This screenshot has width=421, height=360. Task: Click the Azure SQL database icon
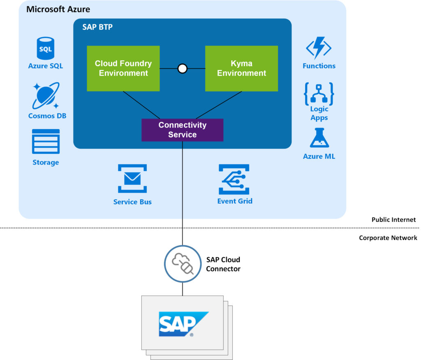tap(46, 48)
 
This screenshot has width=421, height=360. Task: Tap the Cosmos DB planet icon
tap(46, 95)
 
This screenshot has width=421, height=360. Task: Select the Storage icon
tap(46, 142)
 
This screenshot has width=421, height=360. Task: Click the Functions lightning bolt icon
tap(319, 49)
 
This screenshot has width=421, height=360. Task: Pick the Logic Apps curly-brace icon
tap(319, 94)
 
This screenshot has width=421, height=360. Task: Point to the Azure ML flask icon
tap(319, 138)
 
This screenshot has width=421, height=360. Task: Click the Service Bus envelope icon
tap(132, 179)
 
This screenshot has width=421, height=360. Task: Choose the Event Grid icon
tap(234, 179)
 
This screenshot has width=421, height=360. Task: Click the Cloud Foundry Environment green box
tap(123, 68)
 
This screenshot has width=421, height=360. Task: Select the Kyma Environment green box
tap(241, 68)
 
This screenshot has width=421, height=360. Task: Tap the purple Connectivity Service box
tap(182, 130)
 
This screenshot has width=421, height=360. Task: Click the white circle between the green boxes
tap(183, 69)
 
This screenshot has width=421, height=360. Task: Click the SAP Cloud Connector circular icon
tap(183, 264)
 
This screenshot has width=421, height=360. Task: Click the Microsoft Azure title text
tap(58, 9)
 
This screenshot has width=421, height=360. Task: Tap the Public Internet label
tap(393, 220)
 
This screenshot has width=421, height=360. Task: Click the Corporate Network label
tap(388, 238)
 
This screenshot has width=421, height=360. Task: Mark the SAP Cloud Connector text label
tap(223, 264)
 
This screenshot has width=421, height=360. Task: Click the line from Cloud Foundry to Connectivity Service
tap(141, 105)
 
